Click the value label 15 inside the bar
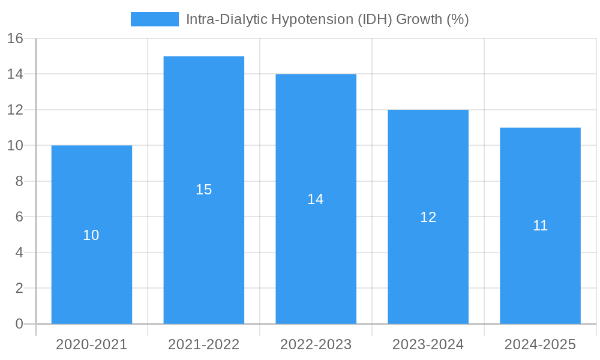coord(204,190)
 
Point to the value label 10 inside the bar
coord(91,235)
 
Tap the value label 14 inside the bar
coord(316,199)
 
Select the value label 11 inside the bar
coord(540,226)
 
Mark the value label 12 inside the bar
coord(428,217)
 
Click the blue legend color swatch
coord(155,19)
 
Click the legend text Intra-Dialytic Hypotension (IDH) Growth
coord(327,19)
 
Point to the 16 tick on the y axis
coord(15,38)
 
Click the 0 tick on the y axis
coord(19,324)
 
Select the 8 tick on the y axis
coord(19,181)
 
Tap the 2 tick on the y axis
coord(19,289)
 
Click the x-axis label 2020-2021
coord(92,344)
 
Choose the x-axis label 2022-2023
coord(316,344)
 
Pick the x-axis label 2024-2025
coord(540,344)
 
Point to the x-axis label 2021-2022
coord(204,344)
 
